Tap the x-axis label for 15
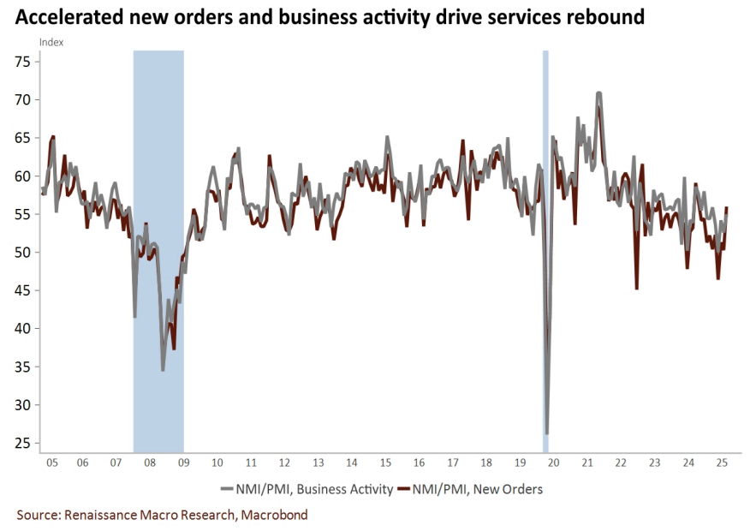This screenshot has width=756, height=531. (x=385, y=462)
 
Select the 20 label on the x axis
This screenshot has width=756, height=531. (x=553, y=462)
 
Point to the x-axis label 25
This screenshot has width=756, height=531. (x=721, y=462)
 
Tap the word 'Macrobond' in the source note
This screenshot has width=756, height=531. (x=274, y=515)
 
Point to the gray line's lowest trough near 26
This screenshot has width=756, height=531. (x=546, y=433)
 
